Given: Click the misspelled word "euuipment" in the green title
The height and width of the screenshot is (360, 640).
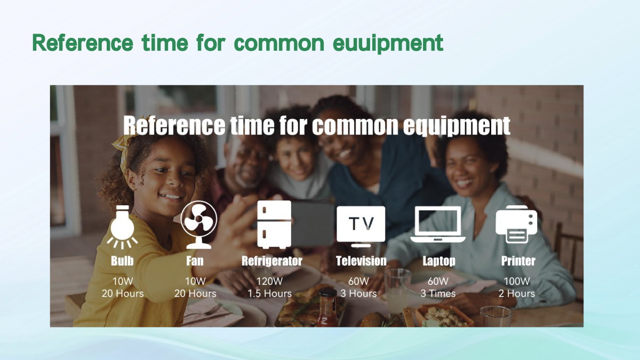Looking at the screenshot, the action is click(x=388, y=43).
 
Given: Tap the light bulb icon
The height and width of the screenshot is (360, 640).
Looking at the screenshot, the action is click(x=122, y=227).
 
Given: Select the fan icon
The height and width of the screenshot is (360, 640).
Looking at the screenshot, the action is click(x=198, y=225).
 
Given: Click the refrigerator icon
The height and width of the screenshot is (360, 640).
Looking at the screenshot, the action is click(x=274, y=225).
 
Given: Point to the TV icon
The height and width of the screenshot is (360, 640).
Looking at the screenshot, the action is click(x=361, y=226).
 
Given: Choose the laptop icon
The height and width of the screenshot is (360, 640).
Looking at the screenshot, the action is click(x=438, y=224).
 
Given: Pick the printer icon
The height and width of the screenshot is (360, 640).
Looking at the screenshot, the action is click(x=516, y=224).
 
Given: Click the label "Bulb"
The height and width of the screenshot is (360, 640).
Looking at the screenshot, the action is click(x=122, y=261).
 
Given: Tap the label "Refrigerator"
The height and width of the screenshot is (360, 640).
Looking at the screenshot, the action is click(x=271, y=261).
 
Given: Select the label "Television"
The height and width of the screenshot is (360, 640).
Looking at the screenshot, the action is click(x=361, y=261).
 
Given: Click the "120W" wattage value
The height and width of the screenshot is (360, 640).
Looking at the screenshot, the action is click(x=269, y=282).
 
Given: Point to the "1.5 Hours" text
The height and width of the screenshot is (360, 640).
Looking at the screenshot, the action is click(x=269, y=293).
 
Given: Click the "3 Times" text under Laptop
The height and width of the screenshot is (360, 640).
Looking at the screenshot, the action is click(x=438, y=293).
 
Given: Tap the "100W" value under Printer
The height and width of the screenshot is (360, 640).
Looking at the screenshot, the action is click(x=517, y=282).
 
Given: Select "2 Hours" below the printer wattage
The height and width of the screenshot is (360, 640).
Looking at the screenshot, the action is click(x=517, y=293).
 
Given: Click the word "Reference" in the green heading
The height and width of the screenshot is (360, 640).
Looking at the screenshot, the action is click(x=83, y=43).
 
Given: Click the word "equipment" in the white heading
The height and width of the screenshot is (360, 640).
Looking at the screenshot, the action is click(x=457, y=126).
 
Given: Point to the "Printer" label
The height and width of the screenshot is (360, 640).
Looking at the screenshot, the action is click(x=518, y=261).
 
